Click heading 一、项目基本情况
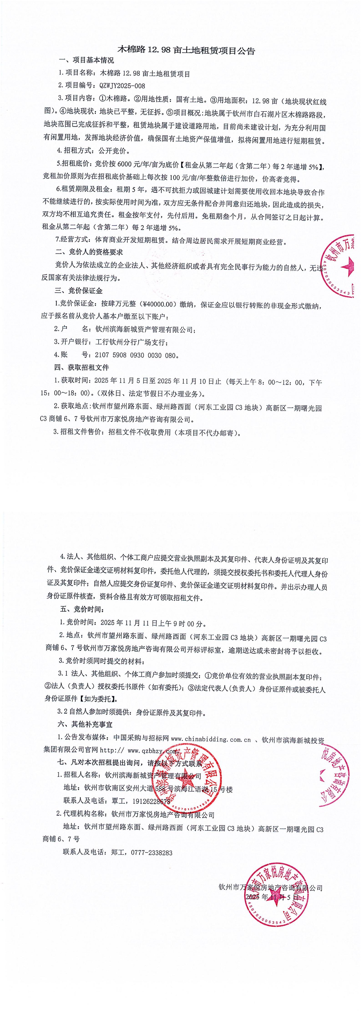[x=86, y=61]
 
